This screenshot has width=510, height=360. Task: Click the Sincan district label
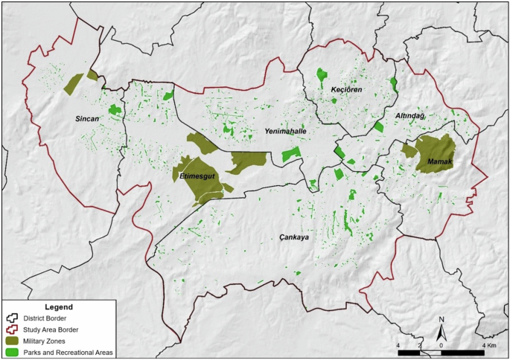point(88,119)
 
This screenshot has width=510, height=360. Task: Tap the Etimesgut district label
point(197,176)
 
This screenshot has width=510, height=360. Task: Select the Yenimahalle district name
point(286,131)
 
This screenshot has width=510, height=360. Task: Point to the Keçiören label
point(346,89)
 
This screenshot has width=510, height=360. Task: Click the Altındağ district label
point(409,118)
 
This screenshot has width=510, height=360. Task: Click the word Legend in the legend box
point(58,306)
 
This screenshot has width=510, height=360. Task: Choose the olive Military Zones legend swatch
point(13,341)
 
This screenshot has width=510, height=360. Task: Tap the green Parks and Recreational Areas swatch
point(13,352)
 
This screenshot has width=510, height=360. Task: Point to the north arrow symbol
point(442,329)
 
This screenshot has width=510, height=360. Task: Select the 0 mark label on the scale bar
point(442,346)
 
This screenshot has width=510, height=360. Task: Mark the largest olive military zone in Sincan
point(74,84)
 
